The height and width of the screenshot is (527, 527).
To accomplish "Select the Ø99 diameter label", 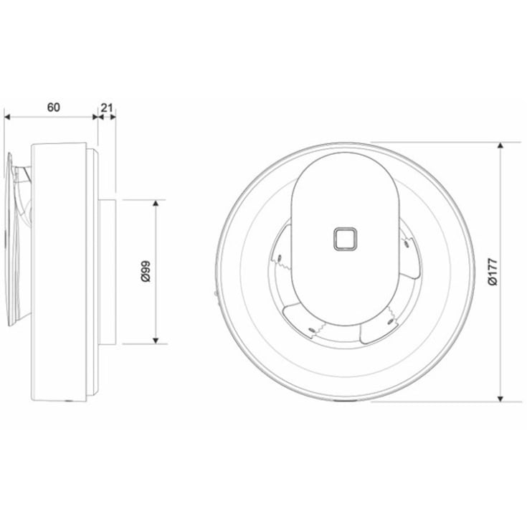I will (146, 271).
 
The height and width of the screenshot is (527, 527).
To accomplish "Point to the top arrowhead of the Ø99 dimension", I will (156, 204).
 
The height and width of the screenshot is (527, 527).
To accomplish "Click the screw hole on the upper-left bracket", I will (279, 252).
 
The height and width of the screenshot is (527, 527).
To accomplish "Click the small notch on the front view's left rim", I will (217, 292).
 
